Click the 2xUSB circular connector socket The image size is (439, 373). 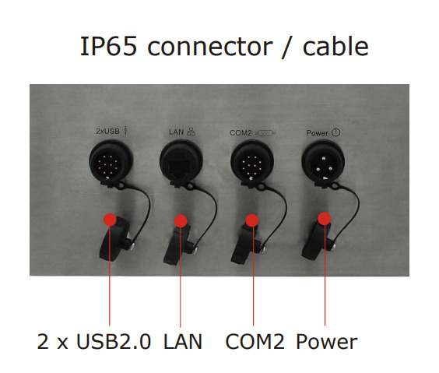click(111, 162)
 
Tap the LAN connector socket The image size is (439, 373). click(181, 162)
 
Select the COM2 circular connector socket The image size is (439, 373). click(252, 163)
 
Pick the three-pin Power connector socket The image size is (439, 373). click(323, 163)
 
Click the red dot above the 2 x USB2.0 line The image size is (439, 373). click(110, 220)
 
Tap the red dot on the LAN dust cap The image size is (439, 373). click(181, 221)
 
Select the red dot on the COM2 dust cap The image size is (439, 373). click(252, 220)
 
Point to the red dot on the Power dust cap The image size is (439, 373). click(325, 218)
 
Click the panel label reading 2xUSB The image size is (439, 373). click(107, 131)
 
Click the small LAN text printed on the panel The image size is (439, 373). click(177, 132)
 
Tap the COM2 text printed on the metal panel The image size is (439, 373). click(241, 132)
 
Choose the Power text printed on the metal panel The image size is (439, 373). click(317, 132)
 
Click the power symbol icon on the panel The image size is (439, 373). click(336, 132)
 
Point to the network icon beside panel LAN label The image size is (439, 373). click(191, 132)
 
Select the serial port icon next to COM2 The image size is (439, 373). click(265, 133)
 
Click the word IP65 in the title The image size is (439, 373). click(109, 46)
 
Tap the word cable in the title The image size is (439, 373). click(335, 46)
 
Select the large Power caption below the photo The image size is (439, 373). click(327, 342)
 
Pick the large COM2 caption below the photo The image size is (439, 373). click(255, 342)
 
